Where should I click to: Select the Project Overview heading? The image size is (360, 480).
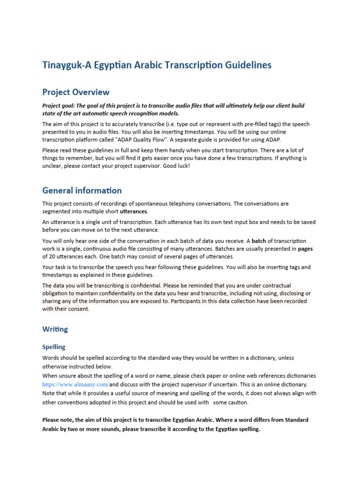point(76,92)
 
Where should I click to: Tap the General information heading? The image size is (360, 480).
point(82,190)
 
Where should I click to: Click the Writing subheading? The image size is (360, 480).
point(55,329)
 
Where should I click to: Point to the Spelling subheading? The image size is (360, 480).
point(54,347)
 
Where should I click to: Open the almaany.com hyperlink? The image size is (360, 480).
point(75,384)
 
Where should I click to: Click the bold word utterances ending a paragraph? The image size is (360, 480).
point(134,211)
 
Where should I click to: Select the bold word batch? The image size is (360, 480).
point(259,241)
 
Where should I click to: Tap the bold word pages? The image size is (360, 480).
point(305,248)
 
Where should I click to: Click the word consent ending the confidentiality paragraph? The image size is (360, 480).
point(80,309)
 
